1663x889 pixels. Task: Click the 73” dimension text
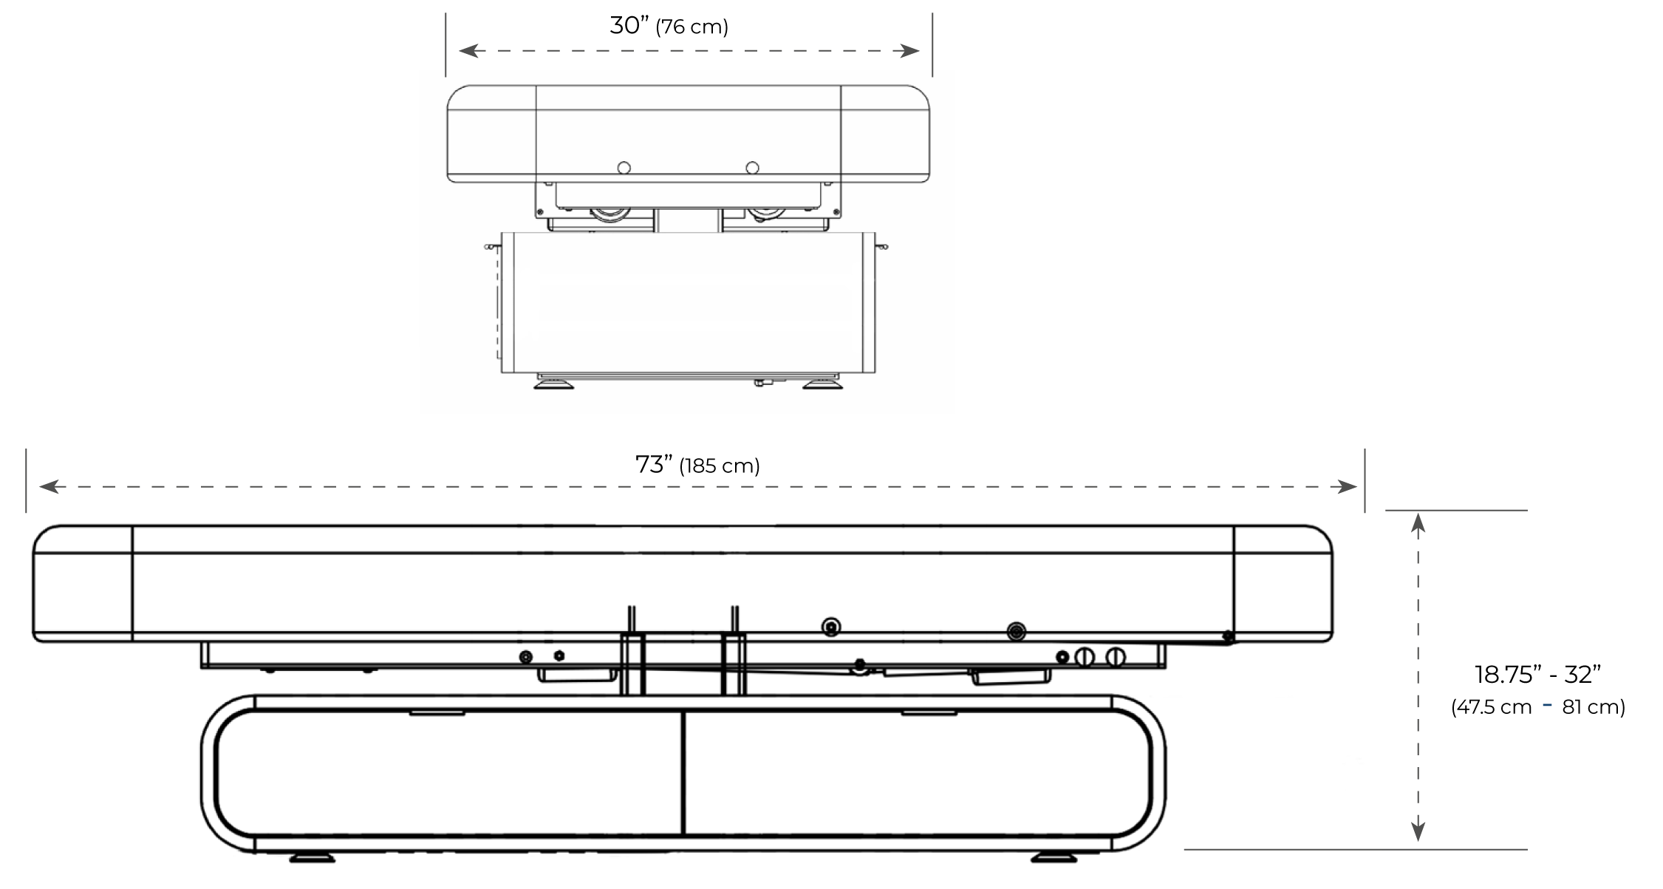(x=653, y=465)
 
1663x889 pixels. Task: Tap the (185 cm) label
(x=720, y=466)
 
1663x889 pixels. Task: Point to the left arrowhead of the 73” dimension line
(x=46, y=486)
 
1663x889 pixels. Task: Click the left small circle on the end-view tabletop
(x=624, y=168)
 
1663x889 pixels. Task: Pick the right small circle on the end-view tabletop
(x=752, y=168)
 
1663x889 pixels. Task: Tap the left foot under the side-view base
(x=311, y=858)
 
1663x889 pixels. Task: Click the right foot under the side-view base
(x=1053, y=858)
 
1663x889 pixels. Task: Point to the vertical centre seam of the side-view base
(x=683, y=772)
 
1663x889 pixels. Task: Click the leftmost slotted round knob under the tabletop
(x=1084, y=657)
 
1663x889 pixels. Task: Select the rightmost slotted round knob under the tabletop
(x=1115, y=657)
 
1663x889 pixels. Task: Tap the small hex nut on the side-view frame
(x=559, y=656)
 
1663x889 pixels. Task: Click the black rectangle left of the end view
(x=345, y=308)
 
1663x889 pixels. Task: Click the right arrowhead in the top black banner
(x=913, y=50)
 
